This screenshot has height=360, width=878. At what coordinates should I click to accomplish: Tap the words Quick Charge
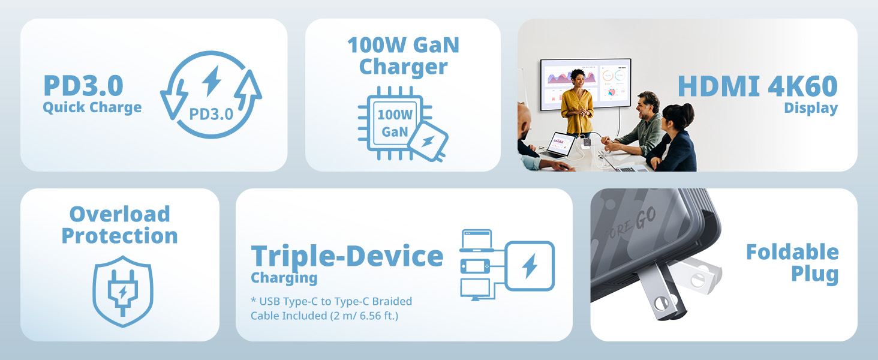[92, 107]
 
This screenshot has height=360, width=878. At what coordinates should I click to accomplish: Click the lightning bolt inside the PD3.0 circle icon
[212, 81]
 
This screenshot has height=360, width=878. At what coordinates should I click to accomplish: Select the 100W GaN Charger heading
[404, 56]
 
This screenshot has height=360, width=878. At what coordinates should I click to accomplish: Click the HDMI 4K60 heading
[757, 86]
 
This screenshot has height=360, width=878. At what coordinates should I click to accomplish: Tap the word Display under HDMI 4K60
[811, 108]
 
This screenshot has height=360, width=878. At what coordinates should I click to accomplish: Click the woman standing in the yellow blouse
[577, 103]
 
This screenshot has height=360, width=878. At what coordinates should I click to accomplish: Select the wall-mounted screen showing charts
[585, 84]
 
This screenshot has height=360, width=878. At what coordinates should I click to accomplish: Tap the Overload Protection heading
[119, 225]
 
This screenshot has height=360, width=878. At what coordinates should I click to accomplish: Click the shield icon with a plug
[123, 291]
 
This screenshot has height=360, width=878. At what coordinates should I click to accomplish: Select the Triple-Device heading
[347, 256]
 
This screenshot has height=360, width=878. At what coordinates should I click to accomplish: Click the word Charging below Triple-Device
[284, 278]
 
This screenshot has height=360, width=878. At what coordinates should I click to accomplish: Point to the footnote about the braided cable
[331, 308]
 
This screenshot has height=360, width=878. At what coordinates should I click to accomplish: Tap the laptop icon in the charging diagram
[476, 241]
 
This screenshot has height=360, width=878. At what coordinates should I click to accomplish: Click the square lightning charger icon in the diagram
[530, 266]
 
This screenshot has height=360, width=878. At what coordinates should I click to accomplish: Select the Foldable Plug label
[792, 263]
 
